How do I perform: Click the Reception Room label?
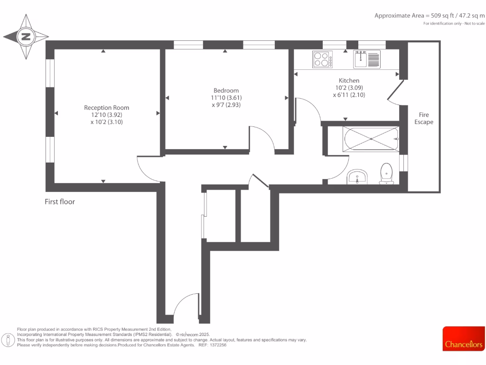(106, 107)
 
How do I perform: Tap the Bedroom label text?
(226, 90)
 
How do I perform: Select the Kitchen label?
(349, 80)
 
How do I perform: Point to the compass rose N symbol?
(26, 37)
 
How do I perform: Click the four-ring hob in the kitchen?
(322, 59)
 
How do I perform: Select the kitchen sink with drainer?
(366, 59)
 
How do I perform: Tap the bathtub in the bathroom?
(370, 139)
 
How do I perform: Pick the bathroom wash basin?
(356, 177)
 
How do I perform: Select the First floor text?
(60, 202)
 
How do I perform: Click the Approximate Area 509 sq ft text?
(430, 15)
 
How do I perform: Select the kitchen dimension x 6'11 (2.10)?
(349, 95)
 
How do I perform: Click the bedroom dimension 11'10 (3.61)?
(226, 98)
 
